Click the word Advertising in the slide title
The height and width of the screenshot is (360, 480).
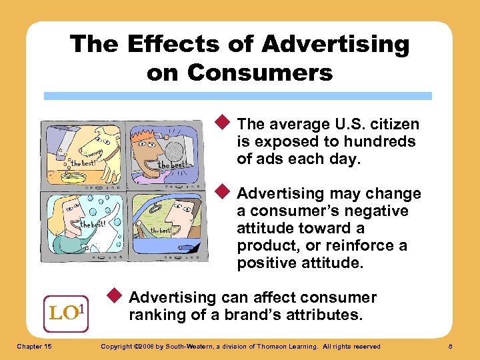[335, 45]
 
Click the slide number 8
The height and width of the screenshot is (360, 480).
[451, 346]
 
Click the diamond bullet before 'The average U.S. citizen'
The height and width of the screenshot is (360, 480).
[224, 123]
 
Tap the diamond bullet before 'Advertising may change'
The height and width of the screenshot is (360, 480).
[224, 192]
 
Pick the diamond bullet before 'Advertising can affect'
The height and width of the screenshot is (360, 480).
[115, 296]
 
